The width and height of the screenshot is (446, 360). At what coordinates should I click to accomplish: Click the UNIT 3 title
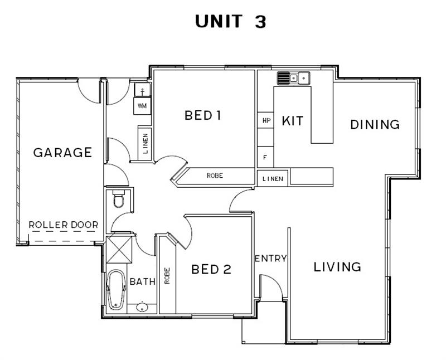point(230,21)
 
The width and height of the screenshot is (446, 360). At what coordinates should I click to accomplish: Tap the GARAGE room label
point(62,153)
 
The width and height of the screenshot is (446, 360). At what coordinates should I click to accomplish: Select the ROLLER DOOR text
point(64,225)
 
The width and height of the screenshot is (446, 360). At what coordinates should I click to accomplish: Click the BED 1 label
point(203,115)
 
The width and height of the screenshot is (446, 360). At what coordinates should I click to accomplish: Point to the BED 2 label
point(211,269)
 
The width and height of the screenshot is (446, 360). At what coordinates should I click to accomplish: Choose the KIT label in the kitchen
point(292,121)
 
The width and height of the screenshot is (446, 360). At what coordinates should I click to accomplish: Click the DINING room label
point(375,124)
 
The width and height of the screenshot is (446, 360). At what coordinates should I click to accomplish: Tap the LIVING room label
point(337,267)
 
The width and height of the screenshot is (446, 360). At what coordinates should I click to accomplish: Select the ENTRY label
point(270,259)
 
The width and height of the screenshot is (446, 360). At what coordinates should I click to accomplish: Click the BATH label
point(143,282)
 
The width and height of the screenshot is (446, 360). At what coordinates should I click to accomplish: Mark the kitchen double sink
point(294,78)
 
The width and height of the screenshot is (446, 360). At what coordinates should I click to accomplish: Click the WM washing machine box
point(142,106)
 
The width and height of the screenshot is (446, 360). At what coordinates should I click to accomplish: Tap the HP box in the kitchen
point(265,120)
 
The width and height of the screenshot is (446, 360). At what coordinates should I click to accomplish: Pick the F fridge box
point(265,157)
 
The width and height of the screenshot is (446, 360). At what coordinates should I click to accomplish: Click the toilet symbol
point(119,199)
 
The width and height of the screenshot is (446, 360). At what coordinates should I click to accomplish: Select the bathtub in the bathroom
point(117,289)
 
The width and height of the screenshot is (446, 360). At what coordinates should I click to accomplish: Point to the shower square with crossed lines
point(119,250)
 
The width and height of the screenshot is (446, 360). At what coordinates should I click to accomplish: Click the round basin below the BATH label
point(142,308)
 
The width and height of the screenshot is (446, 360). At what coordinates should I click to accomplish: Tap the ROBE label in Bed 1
point(215,176)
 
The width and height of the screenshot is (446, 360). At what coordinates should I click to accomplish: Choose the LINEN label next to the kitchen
point(273,179)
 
